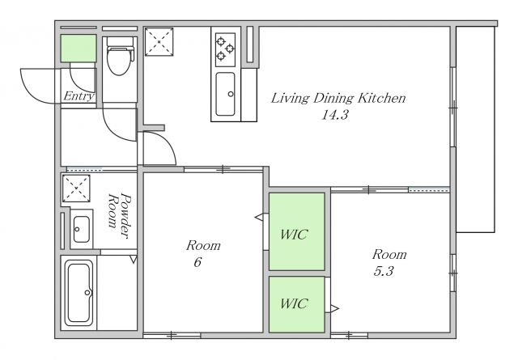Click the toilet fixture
click(120, 57)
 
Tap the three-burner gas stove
click(225, 49)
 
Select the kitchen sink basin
click(225, 94)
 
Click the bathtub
click(79, 293)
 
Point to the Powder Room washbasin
click(81, 229)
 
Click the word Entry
click(79, 96)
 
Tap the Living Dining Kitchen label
click(338, 98)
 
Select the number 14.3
click(335, 115)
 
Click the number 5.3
click(384, 271)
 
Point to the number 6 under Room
click(197, 262)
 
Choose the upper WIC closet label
click(295, 235)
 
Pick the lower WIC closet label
click(295, 303)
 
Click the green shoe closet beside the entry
click(79, 48)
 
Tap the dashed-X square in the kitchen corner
click(159, 41)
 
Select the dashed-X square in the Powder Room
click(76, 188)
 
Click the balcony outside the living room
click(475, 129)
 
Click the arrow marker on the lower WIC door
click(334, 309)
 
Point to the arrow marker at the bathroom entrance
click(134, 259)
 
